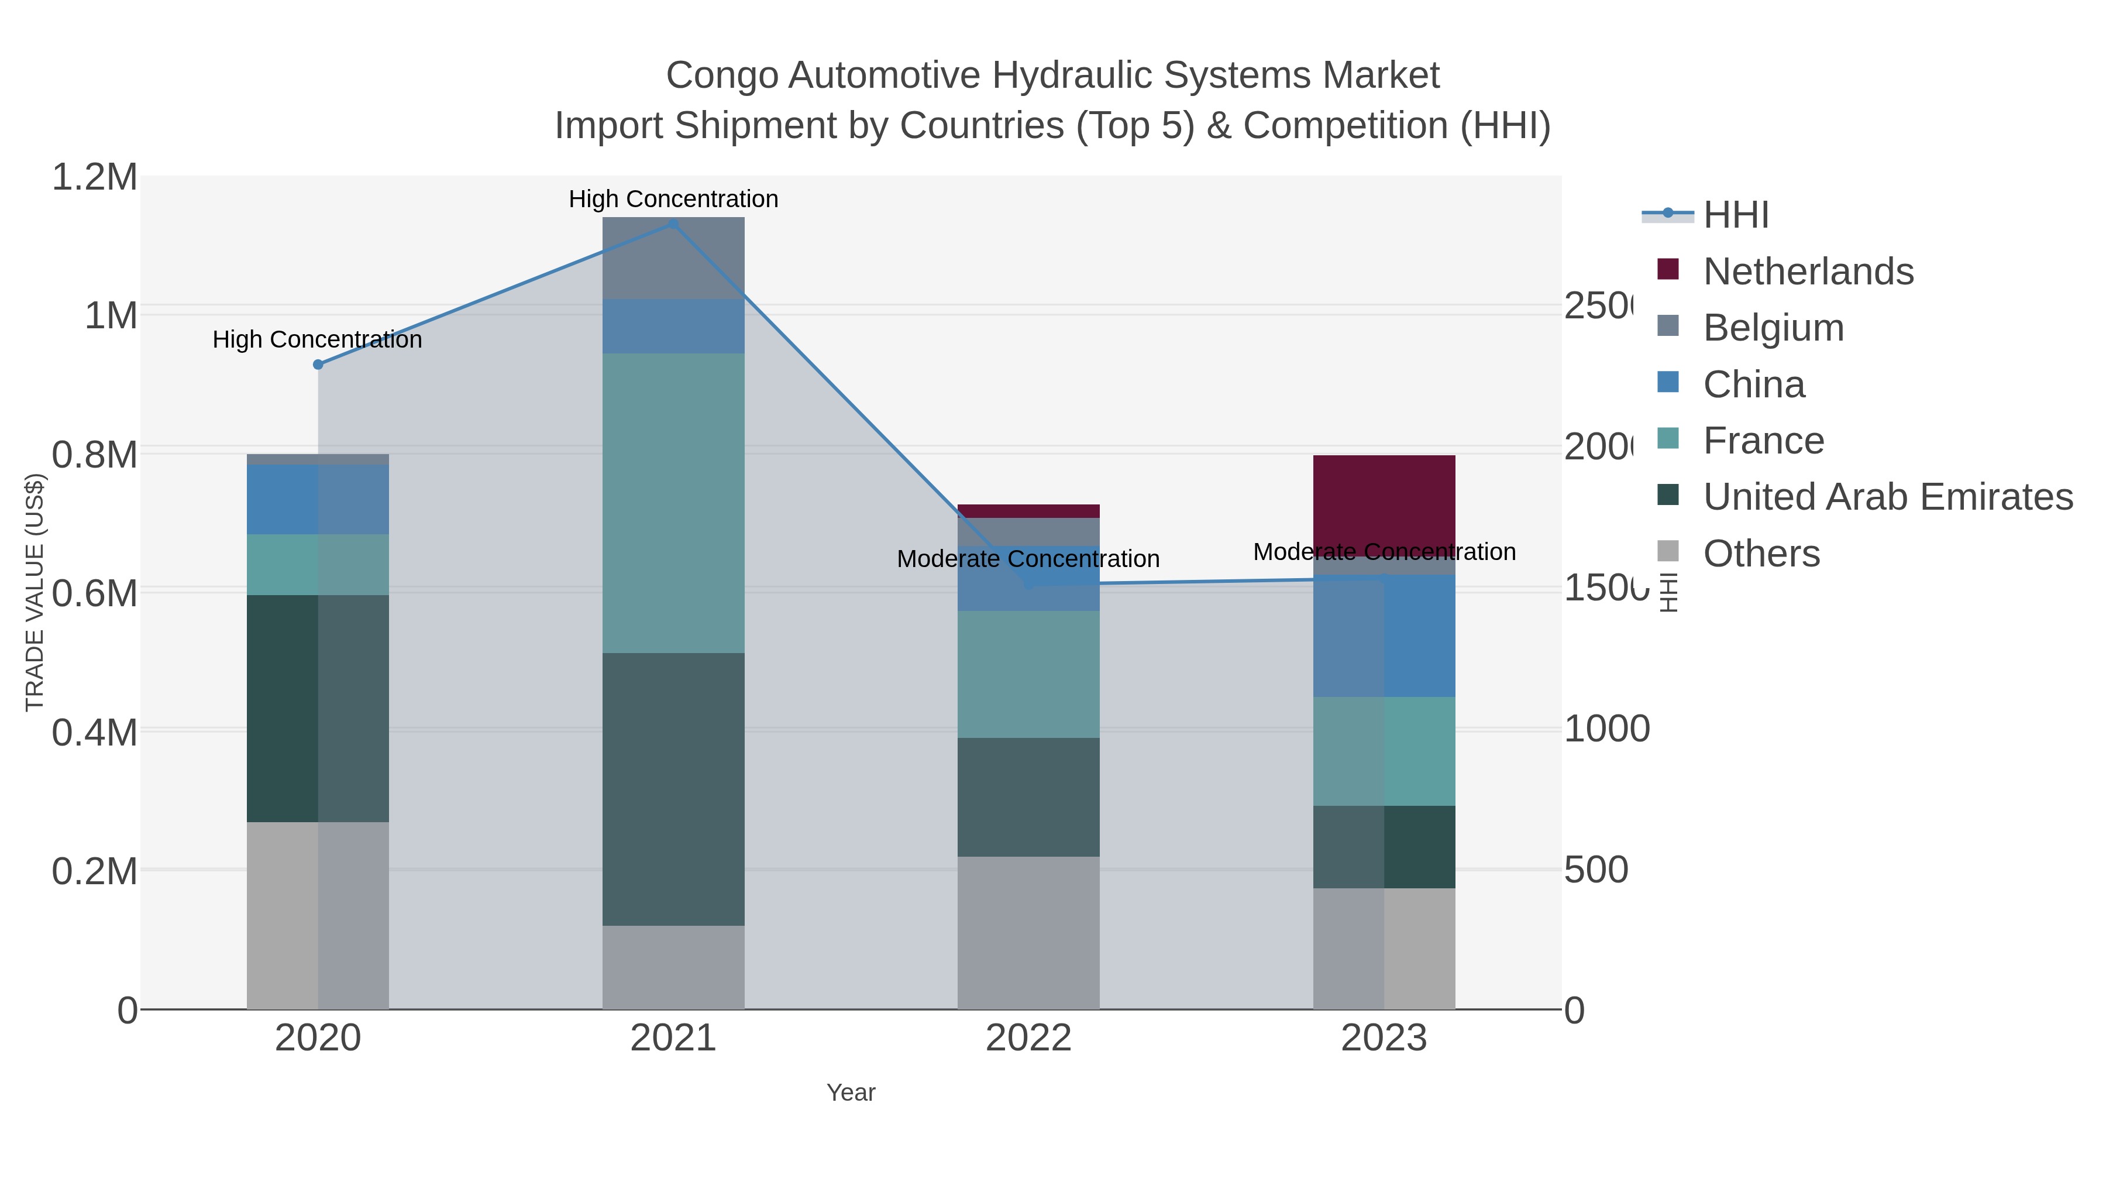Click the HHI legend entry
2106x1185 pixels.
click(x=1735, y=215)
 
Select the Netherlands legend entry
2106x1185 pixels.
click(x=1808, y=272)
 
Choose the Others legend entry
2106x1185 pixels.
click(x=1761, y=554)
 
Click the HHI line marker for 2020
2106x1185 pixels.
click(x=318, y=365)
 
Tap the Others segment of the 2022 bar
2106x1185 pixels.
click(x=1028, y=932)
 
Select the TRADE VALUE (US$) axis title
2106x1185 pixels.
click(x=35, y=592)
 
